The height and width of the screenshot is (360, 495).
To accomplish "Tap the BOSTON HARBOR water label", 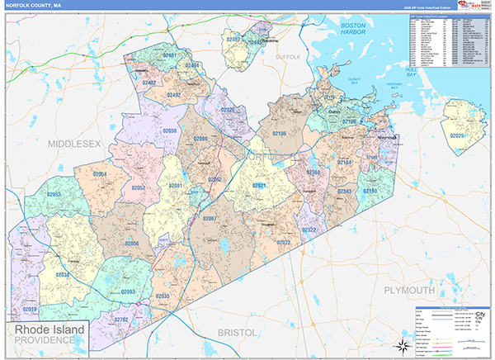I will point(359,31).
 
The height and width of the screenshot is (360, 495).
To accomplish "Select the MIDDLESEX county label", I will point(73,144).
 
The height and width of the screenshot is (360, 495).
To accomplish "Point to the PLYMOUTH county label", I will point(408,291).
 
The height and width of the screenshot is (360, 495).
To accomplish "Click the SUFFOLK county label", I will point(289,57).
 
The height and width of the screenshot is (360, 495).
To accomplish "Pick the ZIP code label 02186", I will point(279,133).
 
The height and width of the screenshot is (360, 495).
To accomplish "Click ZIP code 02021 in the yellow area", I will point(259,186).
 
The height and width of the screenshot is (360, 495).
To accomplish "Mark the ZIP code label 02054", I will point(99,174).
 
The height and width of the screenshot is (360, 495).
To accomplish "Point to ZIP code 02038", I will point(63,275).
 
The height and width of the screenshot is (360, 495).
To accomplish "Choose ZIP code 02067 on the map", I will point(210,218).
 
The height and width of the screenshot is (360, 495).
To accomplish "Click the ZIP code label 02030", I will point(169,131).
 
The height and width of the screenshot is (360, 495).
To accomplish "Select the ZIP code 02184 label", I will point(344,163).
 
